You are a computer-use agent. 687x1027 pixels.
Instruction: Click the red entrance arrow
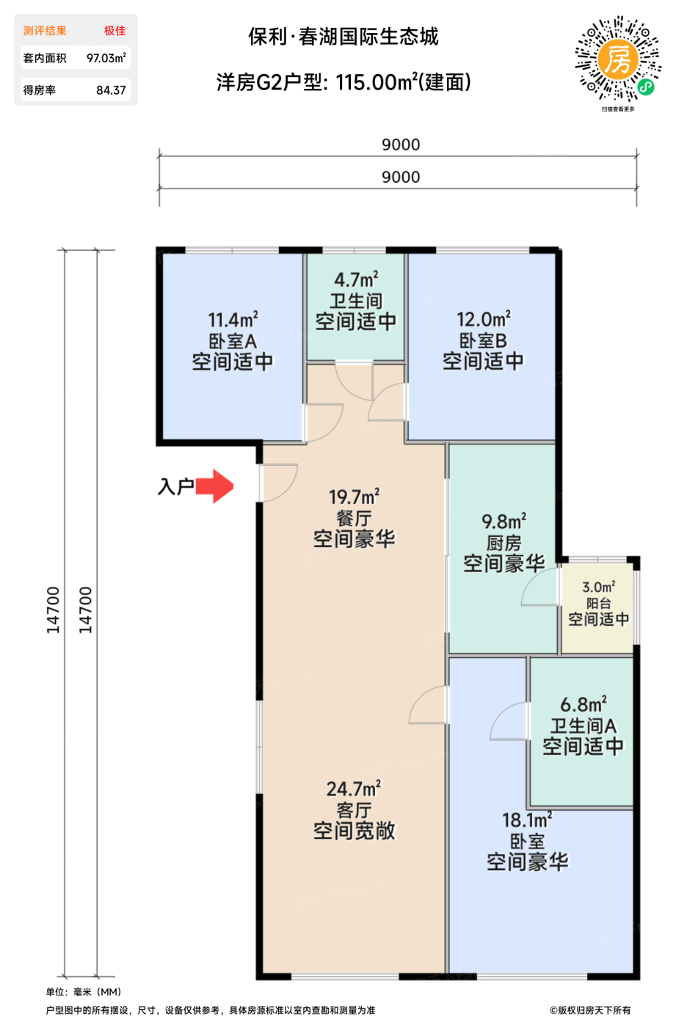click(214, 486)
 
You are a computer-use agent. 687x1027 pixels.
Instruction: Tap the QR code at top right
click(618, 58)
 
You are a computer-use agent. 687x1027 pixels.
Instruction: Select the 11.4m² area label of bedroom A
click(233, 319)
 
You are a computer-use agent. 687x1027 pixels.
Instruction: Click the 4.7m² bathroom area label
click(356, 279)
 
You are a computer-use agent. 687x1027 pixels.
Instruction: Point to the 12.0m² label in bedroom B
click(484, 319)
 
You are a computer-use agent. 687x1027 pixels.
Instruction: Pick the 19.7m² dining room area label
click(354, 497)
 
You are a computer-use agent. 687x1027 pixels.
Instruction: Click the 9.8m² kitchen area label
click(504, 522)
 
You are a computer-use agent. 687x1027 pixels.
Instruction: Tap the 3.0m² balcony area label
click(598, 587)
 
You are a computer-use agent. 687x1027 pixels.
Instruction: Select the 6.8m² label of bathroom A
click(584, 704)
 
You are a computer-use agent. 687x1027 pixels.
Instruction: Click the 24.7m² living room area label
click(354, 789)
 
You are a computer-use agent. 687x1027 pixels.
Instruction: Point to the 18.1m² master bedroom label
click(528, 820)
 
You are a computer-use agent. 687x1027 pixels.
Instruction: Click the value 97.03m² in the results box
click(106, 58)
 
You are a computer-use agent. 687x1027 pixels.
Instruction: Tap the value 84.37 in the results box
click(111, 90)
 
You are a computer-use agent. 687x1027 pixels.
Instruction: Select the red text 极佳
click(114, 31)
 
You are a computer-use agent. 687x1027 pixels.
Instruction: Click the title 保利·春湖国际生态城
click(343, 37)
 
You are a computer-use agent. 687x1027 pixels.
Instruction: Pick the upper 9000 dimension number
click(401, 145)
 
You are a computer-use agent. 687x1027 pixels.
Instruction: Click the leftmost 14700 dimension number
click(53, 610)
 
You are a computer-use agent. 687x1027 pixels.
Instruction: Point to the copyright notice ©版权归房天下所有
click(590, 1010)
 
